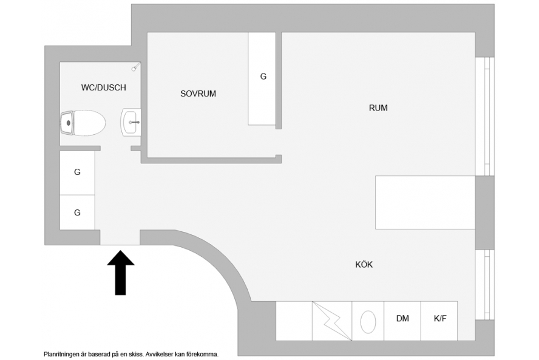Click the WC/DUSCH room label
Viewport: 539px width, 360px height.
103,87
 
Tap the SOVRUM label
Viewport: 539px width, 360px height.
198,93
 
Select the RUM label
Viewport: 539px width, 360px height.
378,108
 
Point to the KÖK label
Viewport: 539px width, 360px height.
364,265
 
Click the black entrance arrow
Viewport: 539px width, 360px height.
120,273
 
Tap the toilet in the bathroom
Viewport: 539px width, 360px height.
83,123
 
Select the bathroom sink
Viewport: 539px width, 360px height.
131,122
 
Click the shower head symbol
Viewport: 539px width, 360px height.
136,67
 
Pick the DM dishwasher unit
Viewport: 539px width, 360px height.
402,321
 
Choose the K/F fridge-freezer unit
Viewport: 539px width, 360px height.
439,321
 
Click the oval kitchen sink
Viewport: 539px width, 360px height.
368,322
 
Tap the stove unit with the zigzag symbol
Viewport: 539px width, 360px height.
332,321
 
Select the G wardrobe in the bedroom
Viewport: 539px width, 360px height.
262,79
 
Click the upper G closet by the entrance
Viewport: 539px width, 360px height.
77,173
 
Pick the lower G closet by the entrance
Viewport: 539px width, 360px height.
77,212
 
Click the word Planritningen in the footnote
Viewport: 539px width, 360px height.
61,354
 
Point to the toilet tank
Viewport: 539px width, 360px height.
67,123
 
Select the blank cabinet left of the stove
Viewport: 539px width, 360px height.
294,321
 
